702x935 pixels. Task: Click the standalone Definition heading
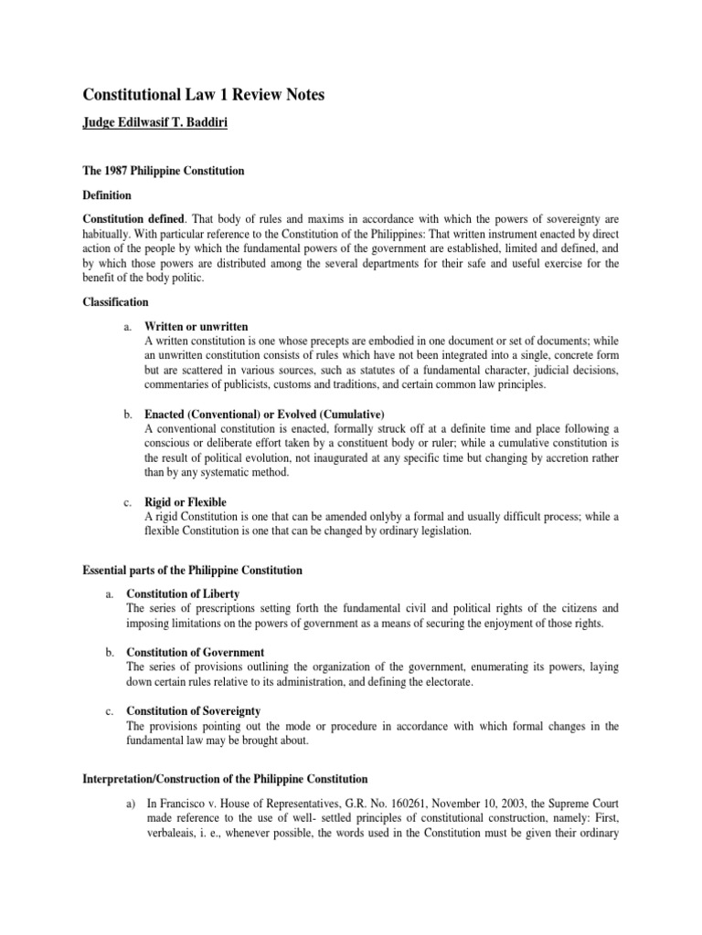108,195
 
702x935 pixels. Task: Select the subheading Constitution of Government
196,652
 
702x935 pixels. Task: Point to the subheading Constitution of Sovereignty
194,710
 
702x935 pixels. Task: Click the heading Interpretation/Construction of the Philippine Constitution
226,779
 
